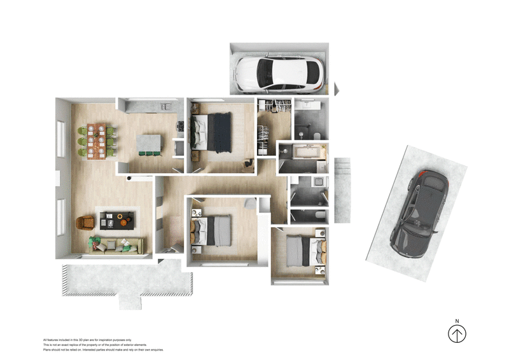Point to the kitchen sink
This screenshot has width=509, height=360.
click(x=164, y=105)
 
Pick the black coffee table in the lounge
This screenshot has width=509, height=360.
click(x=116, y=220)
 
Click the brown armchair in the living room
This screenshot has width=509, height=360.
click(x=85, y=223)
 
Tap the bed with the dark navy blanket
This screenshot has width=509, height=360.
click(x=213, y=132)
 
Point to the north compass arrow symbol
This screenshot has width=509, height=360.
click(x=457, y=333)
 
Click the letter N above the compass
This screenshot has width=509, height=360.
click(x=457, y=321)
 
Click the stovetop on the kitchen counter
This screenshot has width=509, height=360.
click(x=181, y=126)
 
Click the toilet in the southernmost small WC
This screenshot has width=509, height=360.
click(x=317, y=217)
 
